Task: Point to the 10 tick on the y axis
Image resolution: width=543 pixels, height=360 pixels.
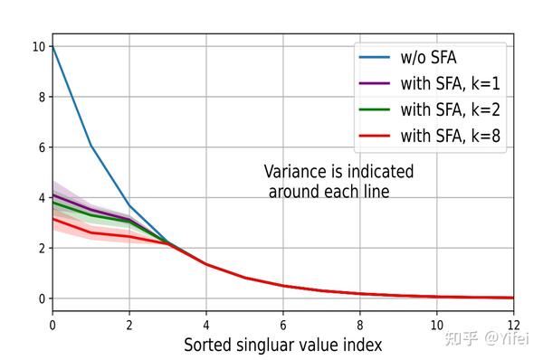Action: [38, 46]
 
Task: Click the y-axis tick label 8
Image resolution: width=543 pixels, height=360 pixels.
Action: [41, 97]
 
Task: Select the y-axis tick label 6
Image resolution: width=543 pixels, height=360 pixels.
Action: [41, 147]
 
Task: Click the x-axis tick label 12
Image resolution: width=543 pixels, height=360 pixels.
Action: [512, 322]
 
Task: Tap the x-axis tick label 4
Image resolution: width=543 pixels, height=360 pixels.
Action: [206, 322]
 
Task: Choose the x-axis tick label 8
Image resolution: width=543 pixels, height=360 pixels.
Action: [359, 322]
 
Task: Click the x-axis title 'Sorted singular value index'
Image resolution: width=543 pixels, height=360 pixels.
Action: [282, 345]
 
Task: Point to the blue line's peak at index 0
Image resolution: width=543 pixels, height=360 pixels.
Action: [52, 46]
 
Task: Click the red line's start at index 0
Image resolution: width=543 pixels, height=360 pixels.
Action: [52, 218]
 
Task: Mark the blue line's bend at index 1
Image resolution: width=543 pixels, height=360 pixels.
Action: [90, 145]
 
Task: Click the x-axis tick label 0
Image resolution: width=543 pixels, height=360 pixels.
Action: [52, 322]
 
